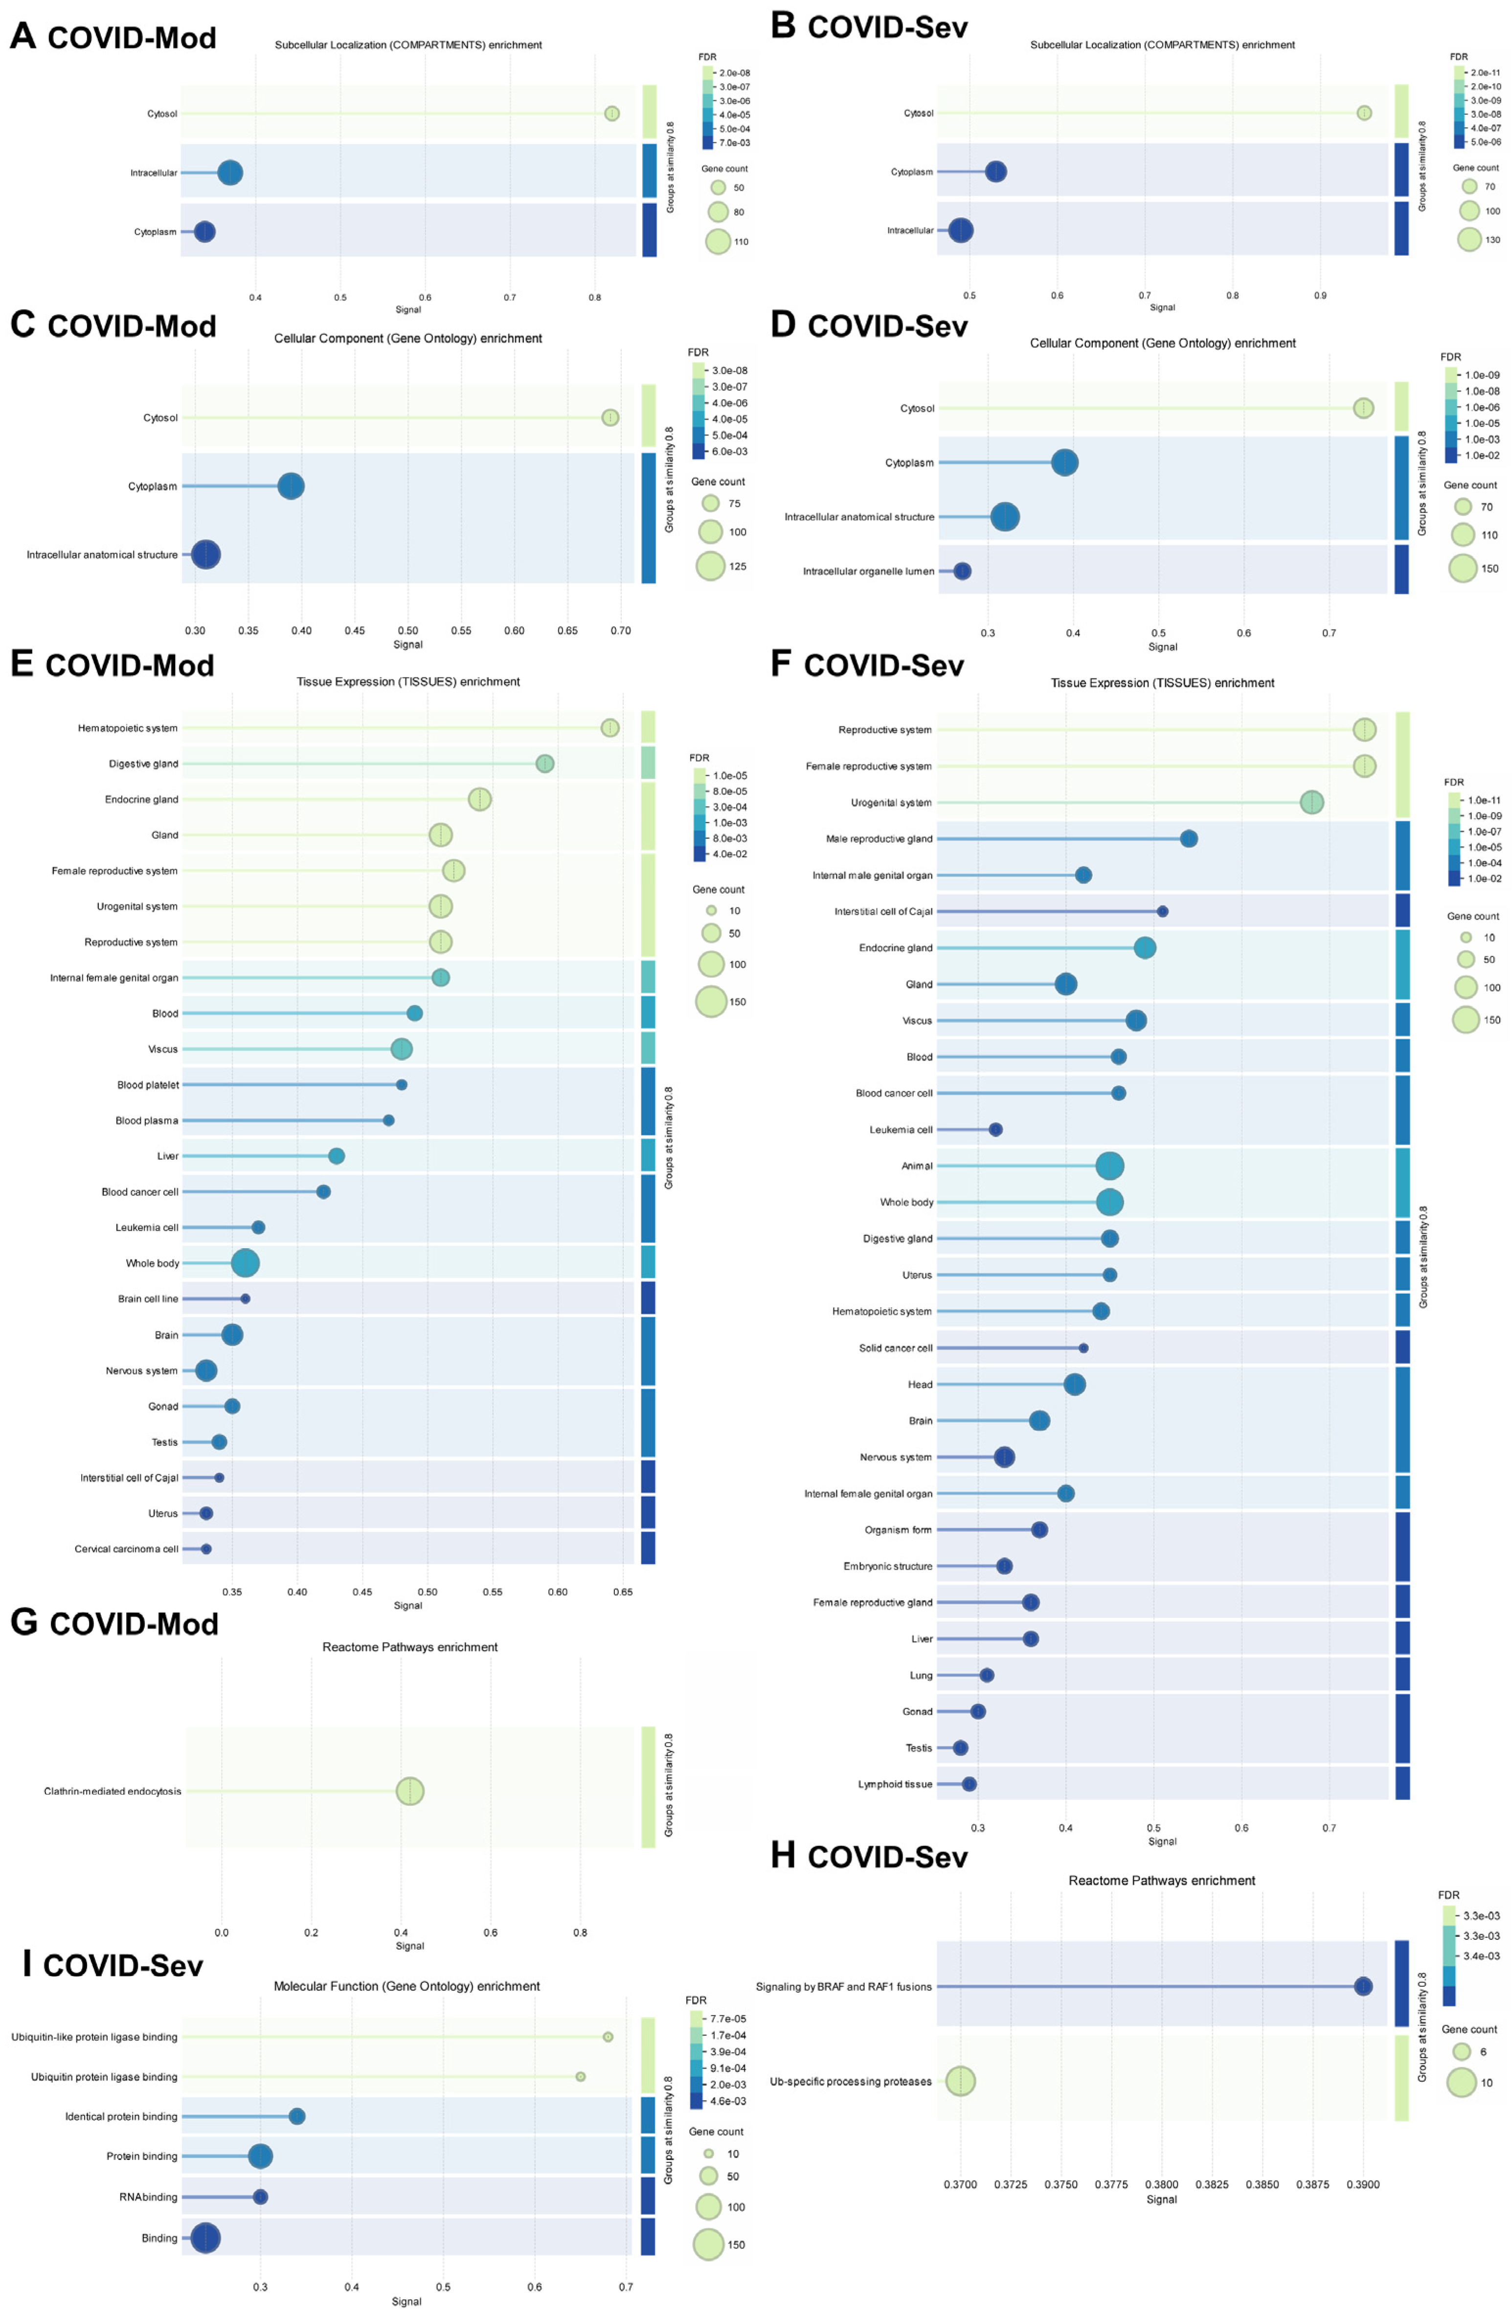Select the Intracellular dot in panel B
pos(960,231)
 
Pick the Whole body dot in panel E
pos(245,1263)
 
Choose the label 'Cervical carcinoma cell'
pos(127,1548)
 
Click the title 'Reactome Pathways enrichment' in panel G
pos(409,1646)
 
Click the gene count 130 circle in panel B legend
pos(1468,239)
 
